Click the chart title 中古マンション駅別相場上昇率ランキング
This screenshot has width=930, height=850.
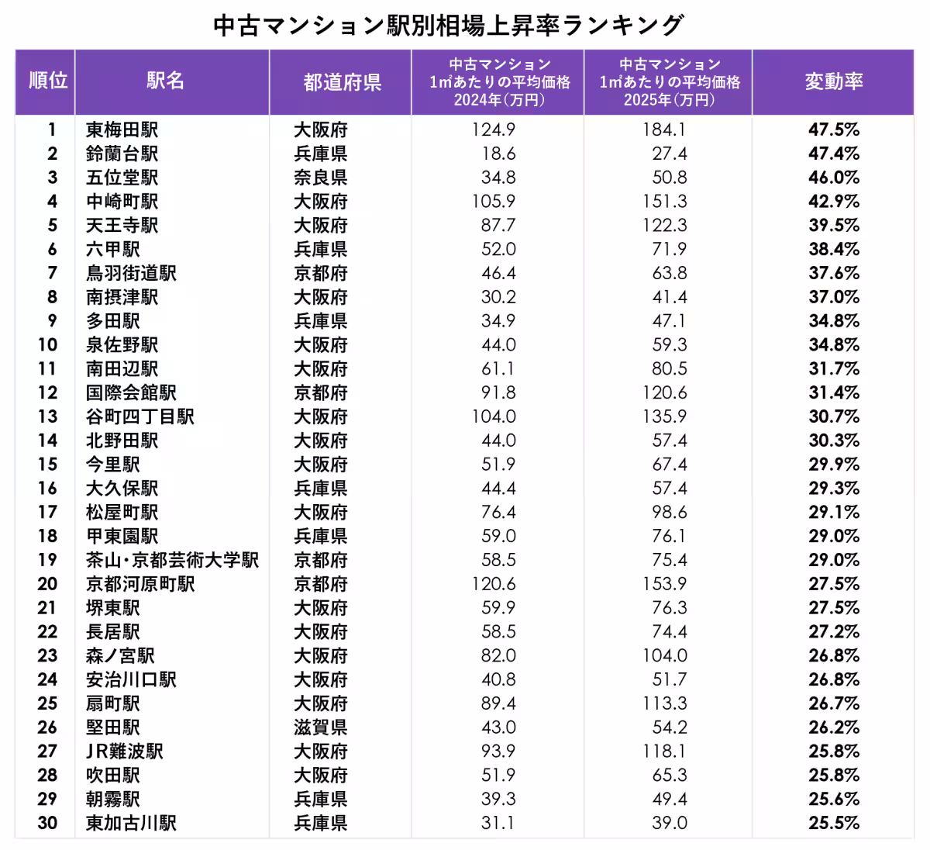pos(448,26)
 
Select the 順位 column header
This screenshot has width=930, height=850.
pos(48,81)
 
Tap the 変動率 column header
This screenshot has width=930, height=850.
pos(834,81)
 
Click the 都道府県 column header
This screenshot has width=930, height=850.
pos(342,82)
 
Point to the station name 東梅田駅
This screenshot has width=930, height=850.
pos(122,130)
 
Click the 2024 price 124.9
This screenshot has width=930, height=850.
pos(493,130)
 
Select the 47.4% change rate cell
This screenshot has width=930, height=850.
pos(834,154)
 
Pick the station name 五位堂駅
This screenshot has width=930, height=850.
pos(122,178)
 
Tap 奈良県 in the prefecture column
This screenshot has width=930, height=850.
pos(320,178)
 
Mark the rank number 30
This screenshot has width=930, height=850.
pos(47,823)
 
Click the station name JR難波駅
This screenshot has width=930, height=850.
pos(124,752)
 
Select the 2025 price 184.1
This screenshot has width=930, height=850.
pos(664,130)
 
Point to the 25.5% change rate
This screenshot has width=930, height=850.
pos(834,823)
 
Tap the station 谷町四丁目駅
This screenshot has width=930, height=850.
pos(140,416)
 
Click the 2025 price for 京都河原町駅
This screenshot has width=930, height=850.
pos(664,584)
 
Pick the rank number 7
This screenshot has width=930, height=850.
pos(52,273)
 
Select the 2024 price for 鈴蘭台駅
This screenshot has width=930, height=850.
pos(498,154)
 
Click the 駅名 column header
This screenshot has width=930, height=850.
pos(166,81)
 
